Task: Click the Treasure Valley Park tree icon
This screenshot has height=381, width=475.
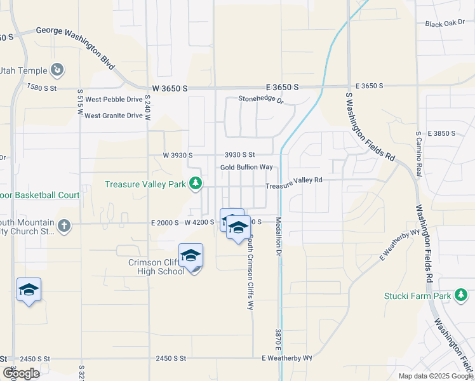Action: [x=196, y=184]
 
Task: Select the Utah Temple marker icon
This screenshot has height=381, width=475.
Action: [x=58, y=69]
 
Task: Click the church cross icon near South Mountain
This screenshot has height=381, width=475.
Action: [x=64, y=225]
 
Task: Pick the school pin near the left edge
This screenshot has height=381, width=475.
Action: [x=29, y=290]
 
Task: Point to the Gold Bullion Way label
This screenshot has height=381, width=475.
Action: [x=246, y=167]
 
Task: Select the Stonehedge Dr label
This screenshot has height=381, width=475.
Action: [x=260, y=99]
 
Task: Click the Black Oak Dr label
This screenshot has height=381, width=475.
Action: [x=445, y=24]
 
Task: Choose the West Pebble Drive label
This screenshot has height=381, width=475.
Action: [x=114, y=100]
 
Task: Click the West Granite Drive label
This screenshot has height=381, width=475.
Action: [x=114, y=116]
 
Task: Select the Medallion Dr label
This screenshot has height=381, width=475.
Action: [x=278, y=237]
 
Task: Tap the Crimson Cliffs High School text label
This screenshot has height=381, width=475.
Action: [x=150, y=266]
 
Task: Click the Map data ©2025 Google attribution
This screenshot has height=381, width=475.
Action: [x=435, y=376]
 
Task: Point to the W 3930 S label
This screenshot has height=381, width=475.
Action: [x=177, y=155]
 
